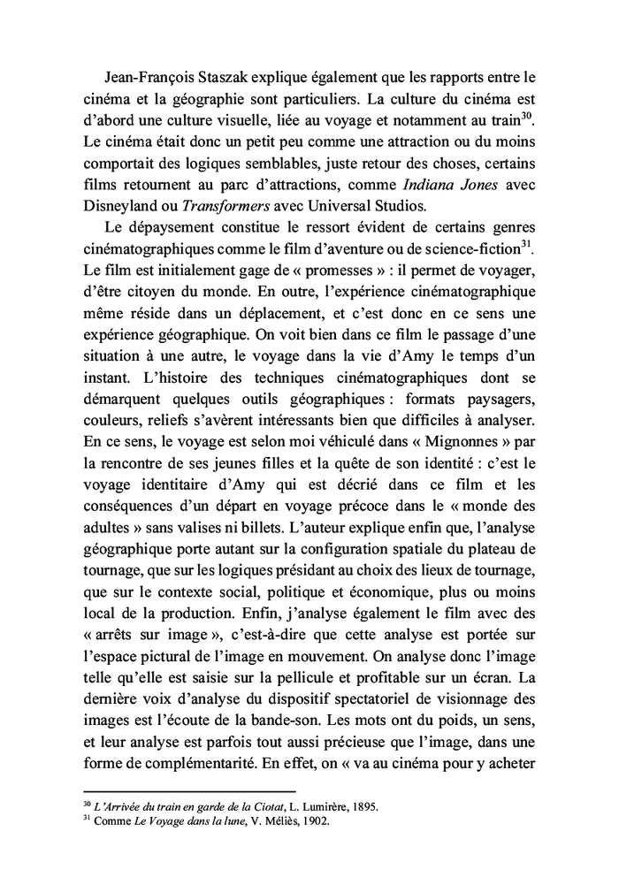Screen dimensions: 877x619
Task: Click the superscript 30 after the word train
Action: [x=529, y=114]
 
